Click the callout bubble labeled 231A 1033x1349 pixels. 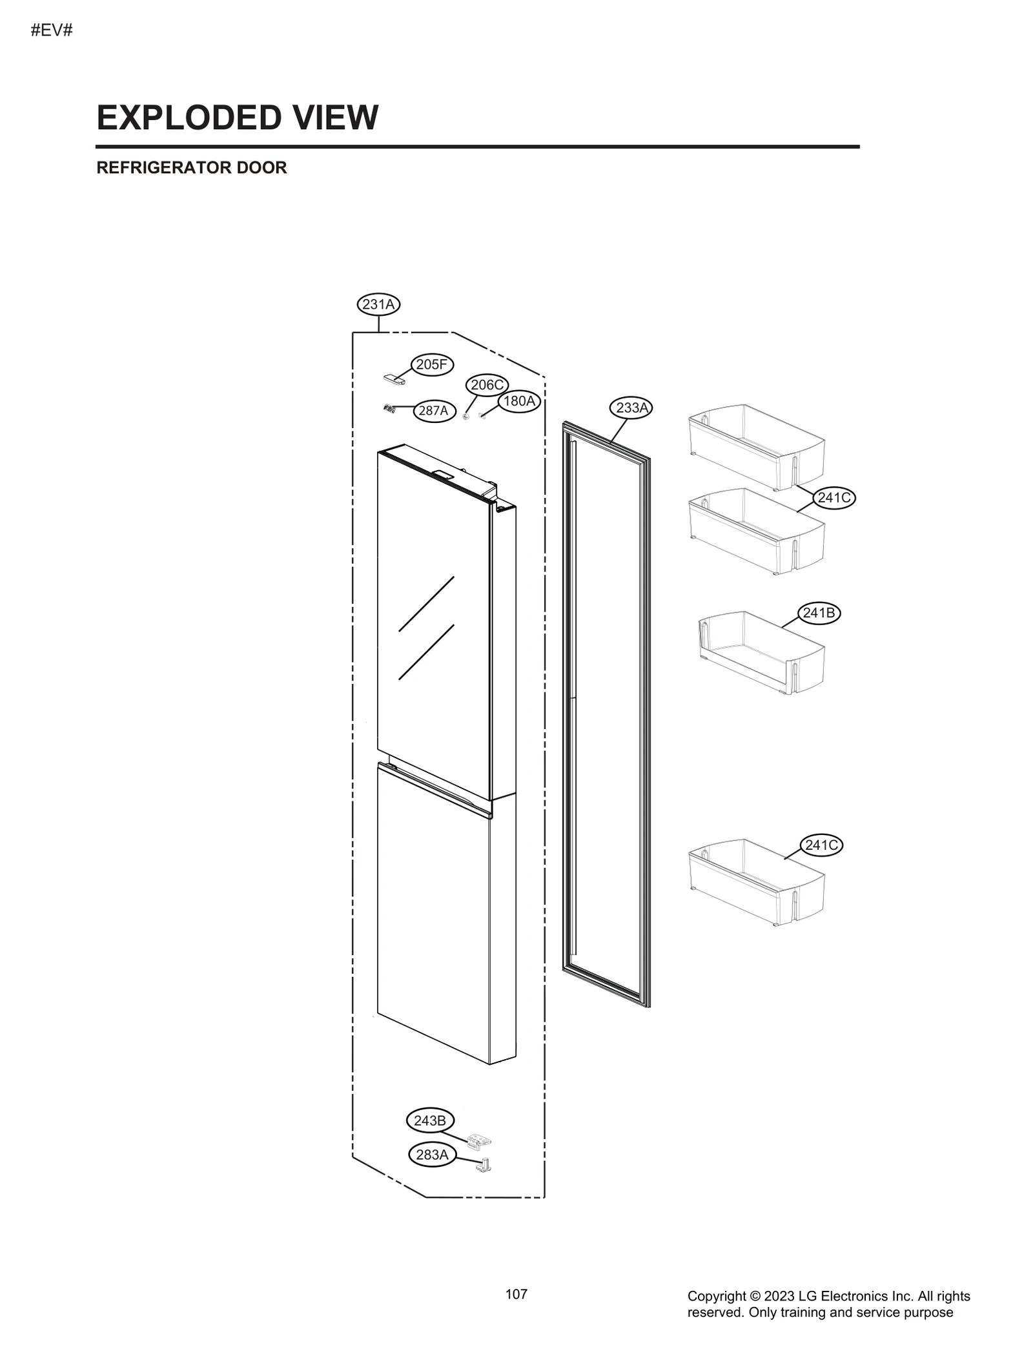coord(378,304)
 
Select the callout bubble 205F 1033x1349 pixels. coord(431,365)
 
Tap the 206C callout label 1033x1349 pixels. coord(486,386)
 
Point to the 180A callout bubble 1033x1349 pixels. coord(519,401)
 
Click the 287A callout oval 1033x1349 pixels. coord(433,411)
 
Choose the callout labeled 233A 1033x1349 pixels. coord(631,407)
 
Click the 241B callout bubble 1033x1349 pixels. coord(819,613)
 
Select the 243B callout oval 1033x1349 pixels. coord(430,1121)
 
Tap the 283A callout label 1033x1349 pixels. coord(432,1155)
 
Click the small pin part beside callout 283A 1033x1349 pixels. coord(484,1166)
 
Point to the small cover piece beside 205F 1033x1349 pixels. coord(394,379)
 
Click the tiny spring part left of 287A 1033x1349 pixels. coord(389,408)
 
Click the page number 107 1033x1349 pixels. coord(516,1294)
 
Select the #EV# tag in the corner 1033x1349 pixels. coord(52,30)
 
